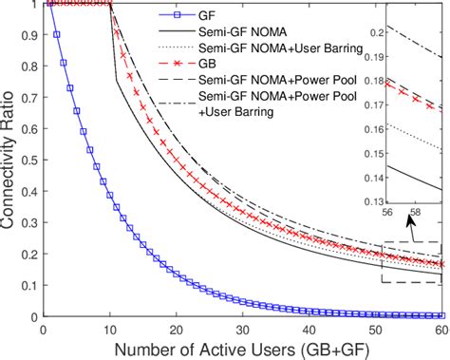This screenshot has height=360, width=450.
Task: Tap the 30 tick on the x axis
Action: [242, 327]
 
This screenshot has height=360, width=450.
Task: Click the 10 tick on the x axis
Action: [109, 327]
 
